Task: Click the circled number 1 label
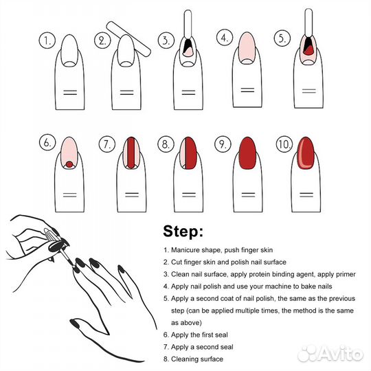(x=47, y=41)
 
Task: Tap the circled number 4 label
(x=225, y=38)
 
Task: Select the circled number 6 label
(x=47, y=143)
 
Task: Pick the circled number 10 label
(x=284, y=144)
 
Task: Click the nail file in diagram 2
(x=128, y=39)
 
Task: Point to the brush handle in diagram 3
(x=188, y=23)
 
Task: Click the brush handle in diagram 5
(x=308, y=23)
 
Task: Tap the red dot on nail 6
(x=69, y=164)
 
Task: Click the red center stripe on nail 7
(x=131, y=153)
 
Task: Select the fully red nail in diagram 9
(x=247, y=153)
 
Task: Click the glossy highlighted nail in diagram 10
(x=306, y=153)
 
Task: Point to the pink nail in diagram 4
(x=247, y=48)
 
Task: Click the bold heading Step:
(x=183, y=231)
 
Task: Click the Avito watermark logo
(x=330, y=354)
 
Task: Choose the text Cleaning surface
(x=197, y=359)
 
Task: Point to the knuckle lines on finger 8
(x=189, y=195)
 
